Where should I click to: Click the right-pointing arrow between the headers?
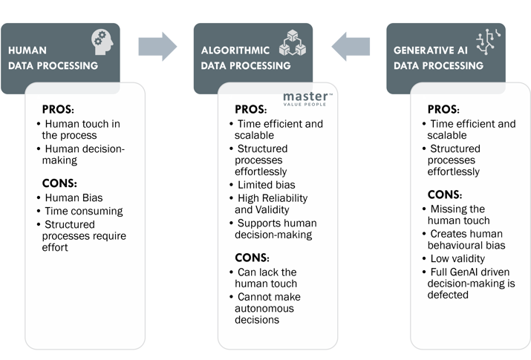159,48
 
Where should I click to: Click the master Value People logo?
307,99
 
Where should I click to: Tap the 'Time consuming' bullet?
83,211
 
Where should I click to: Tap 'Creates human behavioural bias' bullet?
469,239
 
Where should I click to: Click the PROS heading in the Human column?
59,108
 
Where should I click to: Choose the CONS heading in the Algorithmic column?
253,256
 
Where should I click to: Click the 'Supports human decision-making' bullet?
276,229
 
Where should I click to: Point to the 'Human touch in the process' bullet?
80,130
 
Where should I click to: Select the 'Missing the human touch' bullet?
464,215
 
